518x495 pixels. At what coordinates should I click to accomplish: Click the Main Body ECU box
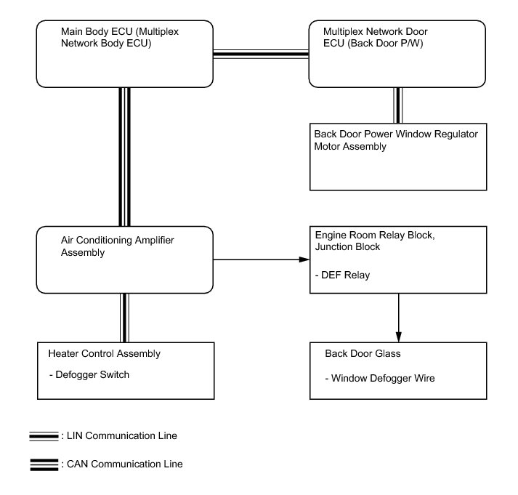click(x=124, y=54)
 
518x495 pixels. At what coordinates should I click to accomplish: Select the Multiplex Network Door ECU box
click(x=397, y=54)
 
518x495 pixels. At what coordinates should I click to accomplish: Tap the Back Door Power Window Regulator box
click(x=398, y=157)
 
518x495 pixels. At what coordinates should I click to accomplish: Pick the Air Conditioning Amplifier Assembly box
click(x=124, y=259)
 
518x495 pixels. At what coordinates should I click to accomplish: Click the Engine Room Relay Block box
click(x=398, y=259)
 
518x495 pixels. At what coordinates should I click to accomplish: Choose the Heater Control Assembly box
click(x=126, y=371)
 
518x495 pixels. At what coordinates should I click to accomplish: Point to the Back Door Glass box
click(x=398, y=371)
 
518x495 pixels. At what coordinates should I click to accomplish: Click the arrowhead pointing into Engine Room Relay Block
click(x=304, y=259)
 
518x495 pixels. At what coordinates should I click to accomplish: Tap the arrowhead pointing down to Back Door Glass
click(x=398, y=337)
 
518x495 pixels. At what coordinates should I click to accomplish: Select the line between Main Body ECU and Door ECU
click(x=261, y=55)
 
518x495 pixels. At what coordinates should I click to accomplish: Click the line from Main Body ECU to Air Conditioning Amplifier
click(x=124, y=157)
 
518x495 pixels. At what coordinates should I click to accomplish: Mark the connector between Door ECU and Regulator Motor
click(x=397, y=105)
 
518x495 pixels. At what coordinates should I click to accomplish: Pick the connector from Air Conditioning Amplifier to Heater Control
click(x=124, y=318)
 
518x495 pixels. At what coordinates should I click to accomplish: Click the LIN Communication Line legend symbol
click(x=44, y=436)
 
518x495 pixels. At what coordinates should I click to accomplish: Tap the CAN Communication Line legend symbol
click(x=44, y=464)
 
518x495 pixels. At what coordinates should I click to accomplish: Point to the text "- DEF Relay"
click(x=342, y=275)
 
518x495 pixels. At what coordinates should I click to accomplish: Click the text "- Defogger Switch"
click(x=89, y=375)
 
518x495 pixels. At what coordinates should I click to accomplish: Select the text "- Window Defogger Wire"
click(x=380, y=379)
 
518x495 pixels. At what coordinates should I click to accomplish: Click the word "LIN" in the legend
click(x=74, y=436)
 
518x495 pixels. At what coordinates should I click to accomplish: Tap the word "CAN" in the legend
click(x=77, y=464)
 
